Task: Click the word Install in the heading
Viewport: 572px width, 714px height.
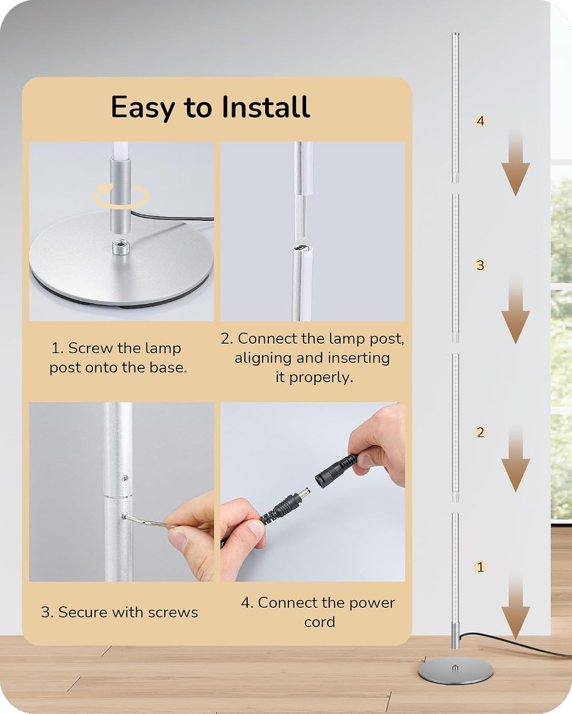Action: click(x=266, y=107)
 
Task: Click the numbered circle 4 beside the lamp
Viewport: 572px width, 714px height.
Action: click(x=480, y=121)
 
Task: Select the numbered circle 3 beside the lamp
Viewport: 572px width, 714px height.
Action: click(x=480, y=266)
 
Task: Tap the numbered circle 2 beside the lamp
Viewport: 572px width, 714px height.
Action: click(x=480, y=432)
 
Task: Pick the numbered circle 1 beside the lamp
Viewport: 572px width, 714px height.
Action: click(x=480, y=567)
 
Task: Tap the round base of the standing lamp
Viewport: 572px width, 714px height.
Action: click(x=455, y=671)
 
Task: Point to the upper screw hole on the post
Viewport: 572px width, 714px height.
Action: click(x=125, y=478)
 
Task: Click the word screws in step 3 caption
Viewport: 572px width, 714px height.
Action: click(x=173, y=613)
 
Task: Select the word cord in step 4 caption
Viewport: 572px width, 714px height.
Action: click(x=319, y=622)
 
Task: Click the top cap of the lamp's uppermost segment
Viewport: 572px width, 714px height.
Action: click(x=455, y=34)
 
